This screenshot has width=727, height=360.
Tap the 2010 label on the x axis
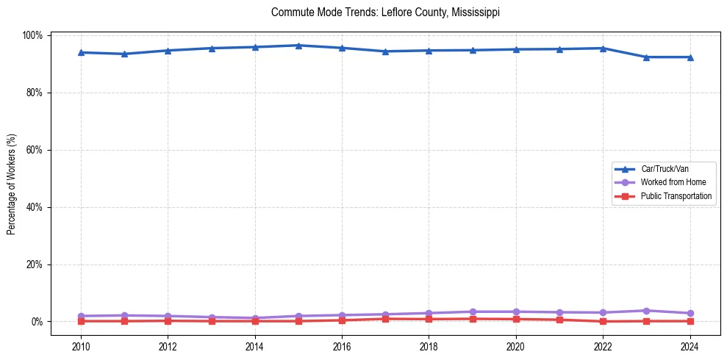tap(81, 347)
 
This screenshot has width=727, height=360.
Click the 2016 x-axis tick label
tap(342, 347)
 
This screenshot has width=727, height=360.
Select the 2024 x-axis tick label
tap(690, 347)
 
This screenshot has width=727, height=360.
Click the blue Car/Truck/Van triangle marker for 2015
tap(298, 46)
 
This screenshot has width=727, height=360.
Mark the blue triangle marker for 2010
tap(81, 52)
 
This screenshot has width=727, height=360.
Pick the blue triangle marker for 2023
tap(646, 57)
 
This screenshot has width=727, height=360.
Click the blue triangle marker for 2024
tap(690, 57)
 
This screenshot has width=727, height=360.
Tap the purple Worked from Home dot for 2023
tap(646, 311)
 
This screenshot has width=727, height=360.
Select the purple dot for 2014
tap(255, 318)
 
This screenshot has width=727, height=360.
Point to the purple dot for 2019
tap(473, 312)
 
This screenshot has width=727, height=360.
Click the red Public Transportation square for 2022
tap(603, 321)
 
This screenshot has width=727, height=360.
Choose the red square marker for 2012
tap(168, 320)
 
